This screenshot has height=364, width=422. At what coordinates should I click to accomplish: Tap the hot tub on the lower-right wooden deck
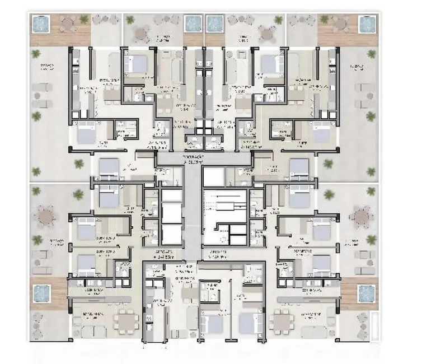coord(366,292)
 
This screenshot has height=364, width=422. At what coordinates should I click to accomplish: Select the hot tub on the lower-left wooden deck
coord(41,292)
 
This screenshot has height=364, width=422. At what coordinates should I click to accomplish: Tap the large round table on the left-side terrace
coord(45,215)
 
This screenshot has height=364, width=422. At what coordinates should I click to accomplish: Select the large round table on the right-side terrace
coord(362,215)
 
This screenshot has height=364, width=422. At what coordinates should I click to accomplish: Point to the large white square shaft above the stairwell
coord(212,178)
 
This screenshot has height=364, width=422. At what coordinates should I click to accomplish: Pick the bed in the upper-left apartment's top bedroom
coord(135,64)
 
